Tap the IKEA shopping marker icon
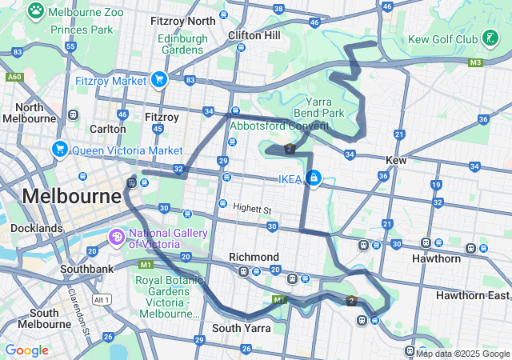click(x=314, y=178)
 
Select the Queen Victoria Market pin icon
click(x=59, y=150)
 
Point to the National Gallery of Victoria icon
click(x=117, y=237)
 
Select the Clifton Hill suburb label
click(x=254, y=35)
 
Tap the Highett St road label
click(x=253, y=208)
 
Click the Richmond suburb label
click(x=254, y=257)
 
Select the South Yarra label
click(x=242, y=328)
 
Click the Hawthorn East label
click(x=472, y=295)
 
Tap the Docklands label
click(x=37, y=228)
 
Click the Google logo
click(x=26, y=350)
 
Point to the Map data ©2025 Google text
click(x=462, y=354)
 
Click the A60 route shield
click(x=14, y=78)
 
